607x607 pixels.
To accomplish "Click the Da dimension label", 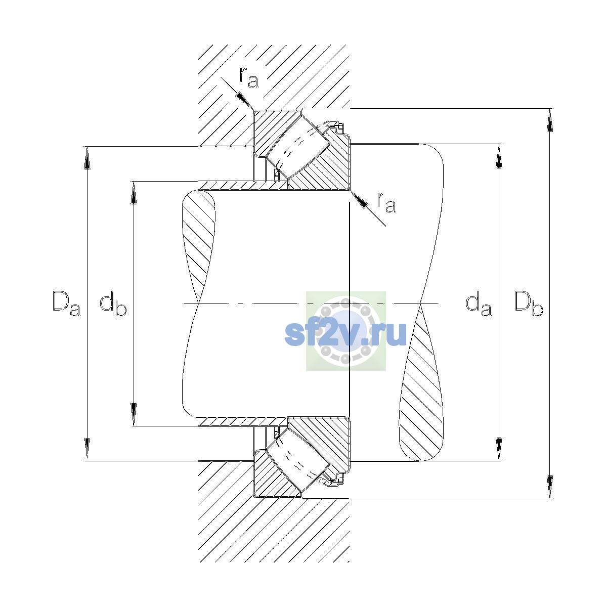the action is [x=66, y=303].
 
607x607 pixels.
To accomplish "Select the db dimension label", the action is [x=113, y=303].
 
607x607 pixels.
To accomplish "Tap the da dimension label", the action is [x=479, y=303].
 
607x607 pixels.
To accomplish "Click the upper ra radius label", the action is [x=249, y=77].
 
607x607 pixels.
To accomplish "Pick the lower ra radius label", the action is [x=387, y=202].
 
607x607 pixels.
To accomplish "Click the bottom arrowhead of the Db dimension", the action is [x=550, y=487].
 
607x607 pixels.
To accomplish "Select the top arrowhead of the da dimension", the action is [x=499, y=156].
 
